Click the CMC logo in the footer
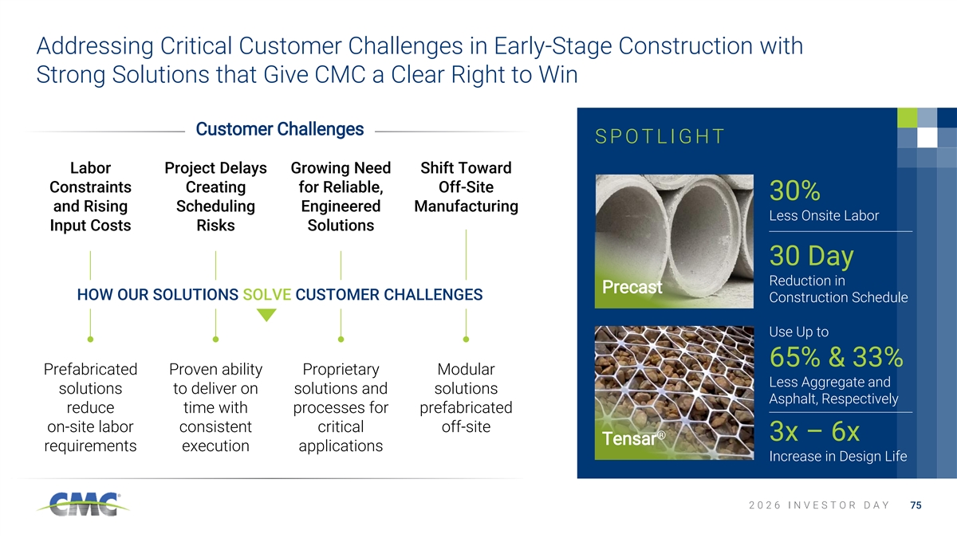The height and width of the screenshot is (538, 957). pos(83,505)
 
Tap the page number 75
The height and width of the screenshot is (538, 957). pos(916,505)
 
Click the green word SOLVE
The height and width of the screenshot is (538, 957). pos(267,295)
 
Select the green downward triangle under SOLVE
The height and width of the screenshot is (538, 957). pos(266,315)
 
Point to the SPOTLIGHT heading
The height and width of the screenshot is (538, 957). pos(660,136)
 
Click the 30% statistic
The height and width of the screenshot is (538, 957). pos(794,190)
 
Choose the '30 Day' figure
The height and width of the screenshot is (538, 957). pos(811,256)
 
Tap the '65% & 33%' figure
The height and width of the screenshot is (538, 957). pos(836,356)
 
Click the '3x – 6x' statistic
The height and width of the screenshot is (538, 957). pos(814,431)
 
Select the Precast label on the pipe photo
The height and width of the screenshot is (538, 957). pos(632,287)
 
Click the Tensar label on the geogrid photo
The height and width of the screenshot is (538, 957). pos(633,438)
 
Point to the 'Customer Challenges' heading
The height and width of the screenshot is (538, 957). pos(280,129)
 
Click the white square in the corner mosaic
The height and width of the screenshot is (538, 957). pos(927,137)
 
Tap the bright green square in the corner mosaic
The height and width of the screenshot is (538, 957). pos(907,117)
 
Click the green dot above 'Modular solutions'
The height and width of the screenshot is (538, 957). pos(466,340)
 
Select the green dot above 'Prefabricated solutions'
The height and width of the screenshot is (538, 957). pos(90,340)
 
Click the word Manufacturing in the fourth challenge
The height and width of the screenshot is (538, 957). pos(466,206)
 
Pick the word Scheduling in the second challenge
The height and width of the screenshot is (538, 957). pos(216,206)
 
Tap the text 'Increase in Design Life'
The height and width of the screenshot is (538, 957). pos(838,457)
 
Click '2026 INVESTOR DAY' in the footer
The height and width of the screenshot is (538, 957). pos(819,505)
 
